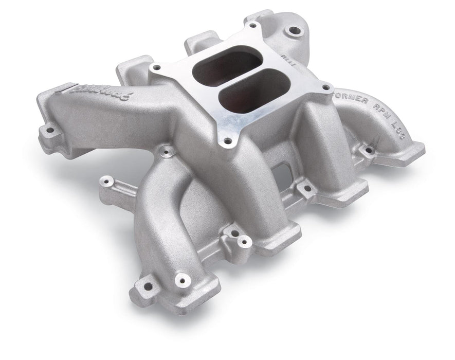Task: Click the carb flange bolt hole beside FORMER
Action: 325,87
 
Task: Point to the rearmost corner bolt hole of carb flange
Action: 252,25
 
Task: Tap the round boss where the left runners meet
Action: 166,151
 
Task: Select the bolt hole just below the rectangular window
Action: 307,188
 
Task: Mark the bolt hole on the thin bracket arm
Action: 107,181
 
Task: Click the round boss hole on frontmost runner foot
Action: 180,280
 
